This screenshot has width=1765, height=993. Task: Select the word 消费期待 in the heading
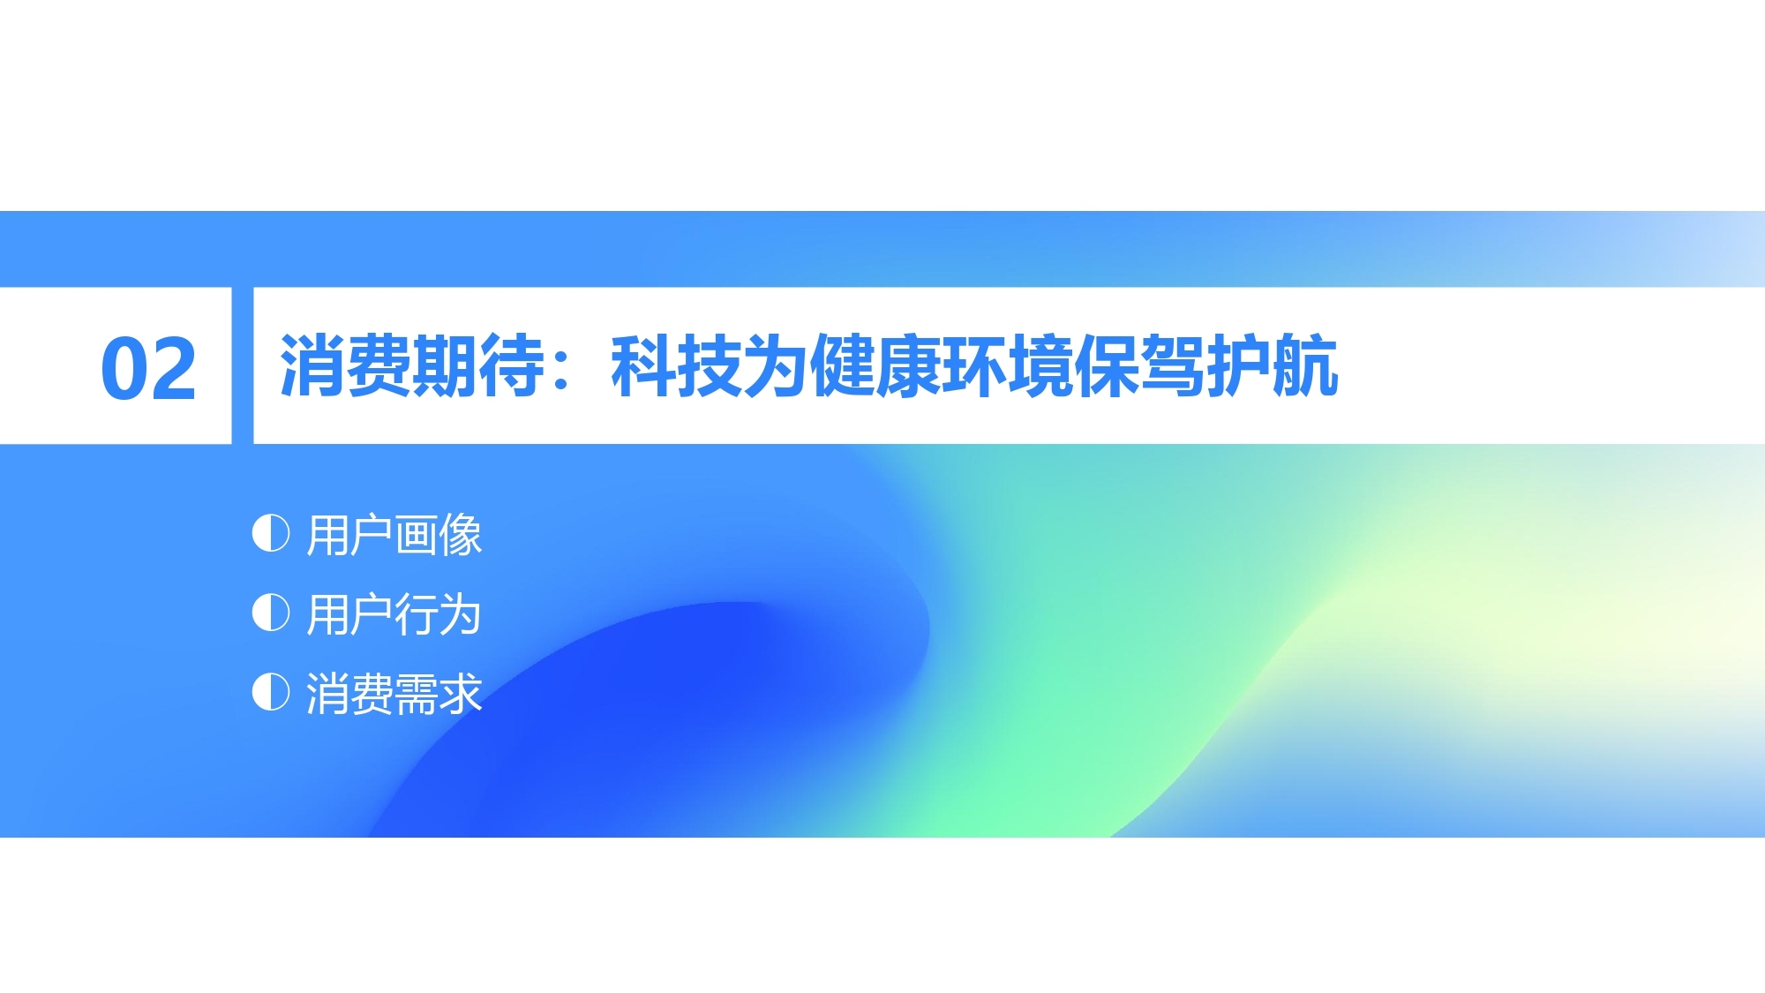tap(412, 365)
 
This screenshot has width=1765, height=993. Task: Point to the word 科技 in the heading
tap(677, 365)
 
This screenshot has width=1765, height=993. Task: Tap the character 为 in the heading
tap(776, 365)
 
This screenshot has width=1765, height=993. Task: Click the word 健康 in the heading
tap(875, 365)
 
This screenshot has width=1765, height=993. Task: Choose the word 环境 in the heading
tap(1008, 365)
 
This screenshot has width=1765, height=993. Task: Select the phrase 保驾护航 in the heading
tap(1206, 365)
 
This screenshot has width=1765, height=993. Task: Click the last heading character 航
tap(1306, 365)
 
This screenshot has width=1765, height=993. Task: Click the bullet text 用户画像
tap(394, 535)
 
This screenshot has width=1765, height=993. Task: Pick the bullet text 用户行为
tap(394, 614)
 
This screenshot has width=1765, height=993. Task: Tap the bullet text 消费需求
tap(394, 693)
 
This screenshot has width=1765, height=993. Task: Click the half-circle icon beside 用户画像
tap(270, 533)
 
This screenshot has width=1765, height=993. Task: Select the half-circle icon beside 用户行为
tap(270, 613)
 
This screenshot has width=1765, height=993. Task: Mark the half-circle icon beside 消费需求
tap(270, 692)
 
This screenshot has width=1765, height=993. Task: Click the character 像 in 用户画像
tap(460, 535)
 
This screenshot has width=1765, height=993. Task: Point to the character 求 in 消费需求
tap(460, 693)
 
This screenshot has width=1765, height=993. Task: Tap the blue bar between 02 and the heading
tap(243, 365)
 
